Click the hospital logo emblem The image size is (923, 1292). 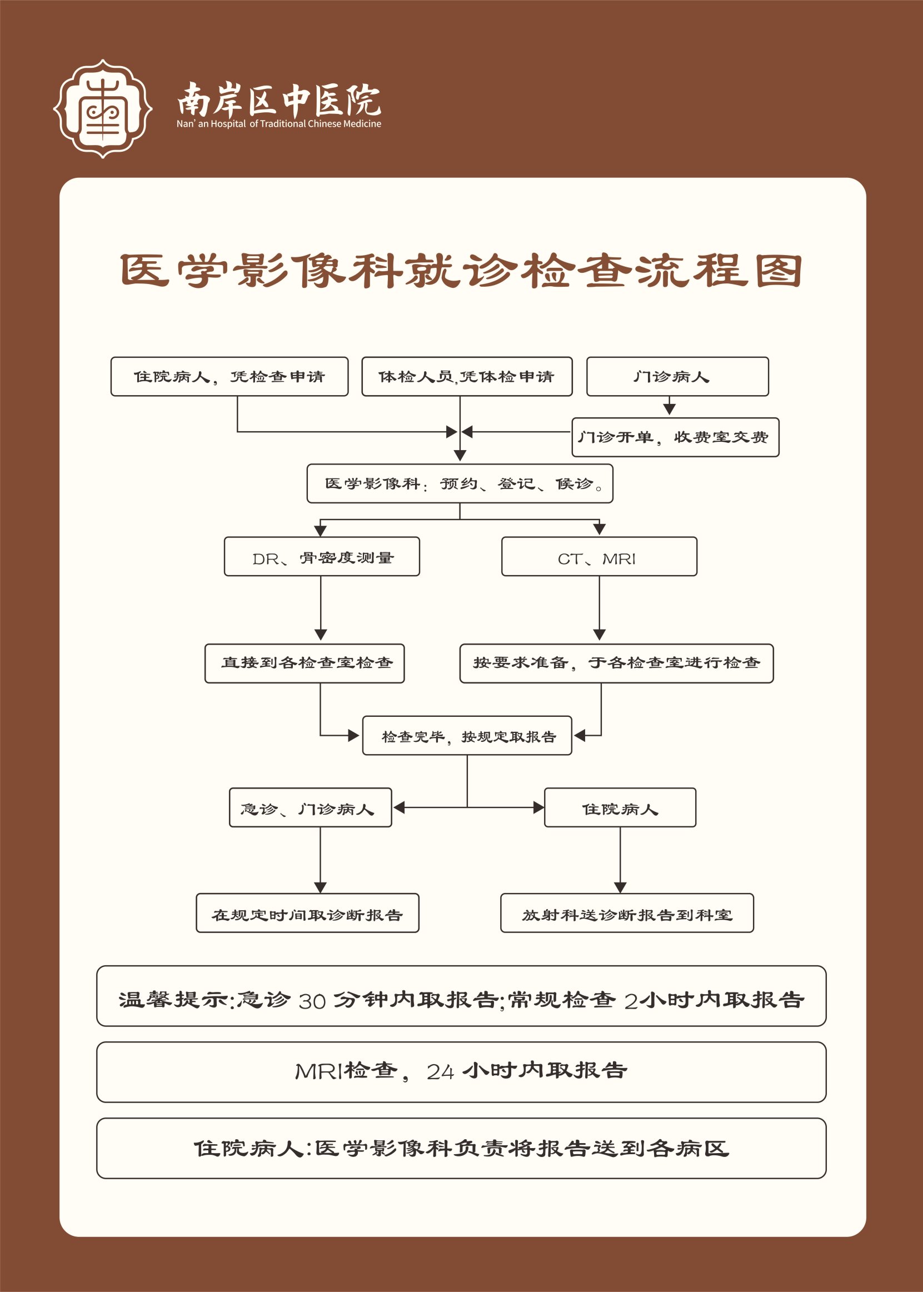[103, 108]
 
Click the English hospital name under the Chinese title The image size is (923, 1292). [278, 124]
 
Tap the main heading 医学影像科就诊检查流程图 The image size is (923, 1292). [461, 271]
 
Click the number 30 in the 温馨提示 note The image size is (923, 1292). [312, 1001]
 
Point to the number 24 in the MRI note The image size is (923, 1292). [441, 1072]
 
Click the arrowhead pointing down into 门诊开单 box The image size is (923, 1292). [670, 408]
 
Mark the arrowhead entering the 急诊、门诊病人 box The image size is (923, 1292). [399, 807]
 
